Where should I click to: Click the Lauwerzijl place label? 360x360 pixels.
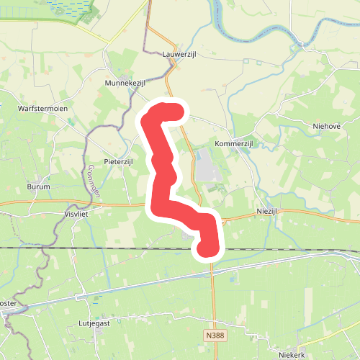[180, 54]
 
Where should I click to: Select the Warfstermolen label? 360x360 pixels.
[42, 109]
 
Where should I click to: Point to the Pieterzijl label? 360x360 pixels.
[119, 162]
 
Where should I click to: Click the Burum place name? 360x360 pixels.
[38, 186]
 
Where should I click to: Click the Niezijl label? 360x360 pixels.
[271, 211]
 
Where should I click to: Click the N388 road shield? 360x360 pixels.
[213, 336]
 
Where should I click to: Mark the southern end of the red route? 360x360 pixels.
[207, 248]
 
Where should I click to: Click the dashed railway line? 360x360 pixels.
[108, 248]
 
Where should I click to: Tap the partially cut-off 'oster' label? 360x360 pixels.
[8, 303]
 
